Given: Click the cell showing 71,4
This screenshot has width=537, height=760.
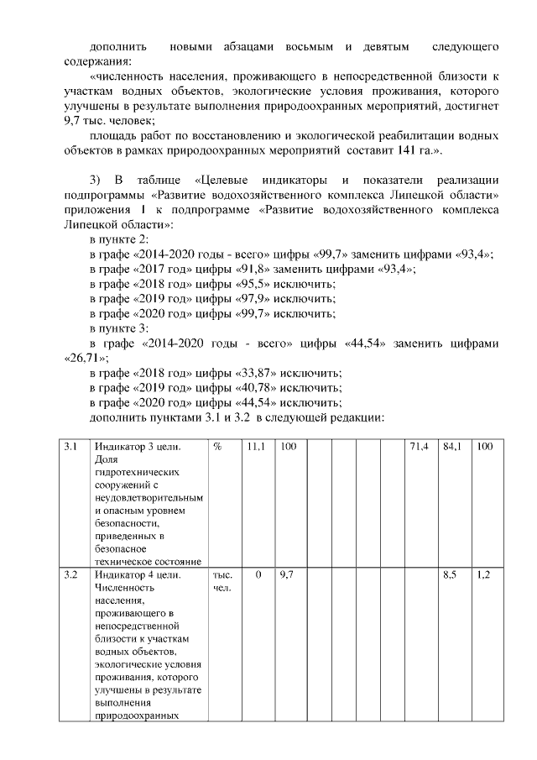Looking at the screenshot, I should tap(419, 448).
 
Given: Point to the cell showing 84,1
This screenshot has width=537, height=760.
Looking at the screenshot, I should tap(452, 448).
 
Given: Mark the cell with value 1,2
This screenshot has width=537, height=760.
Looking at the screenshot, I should tap(483, 576).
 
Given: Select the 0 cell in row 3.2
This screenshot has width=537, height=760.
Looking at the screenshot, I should tap(258, 576).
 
